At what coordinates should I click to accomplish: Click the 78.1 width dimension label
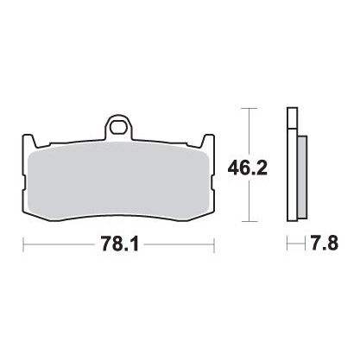pos(119,245)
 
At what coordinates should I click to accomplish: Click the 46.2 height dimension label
pos(248,168)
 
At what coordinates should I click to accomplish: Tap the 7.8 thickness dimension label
pos(324,244)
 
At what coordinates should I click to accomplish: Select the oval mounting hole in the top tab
pos(118,127)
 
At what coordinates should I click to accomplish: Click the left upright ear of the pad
pos(28,141)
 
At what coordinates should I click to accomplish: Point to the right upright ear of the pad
pos(208,141)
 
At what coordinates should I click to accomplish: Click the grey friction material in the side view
pos(302,176)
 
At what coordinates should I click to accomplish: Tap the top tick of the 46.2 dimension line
pos(249,108)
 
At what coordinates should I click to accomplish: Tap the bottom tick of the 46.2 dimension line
pos(249,221)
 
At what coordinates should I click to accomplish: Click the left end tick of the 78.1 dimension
pos(23,245)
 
